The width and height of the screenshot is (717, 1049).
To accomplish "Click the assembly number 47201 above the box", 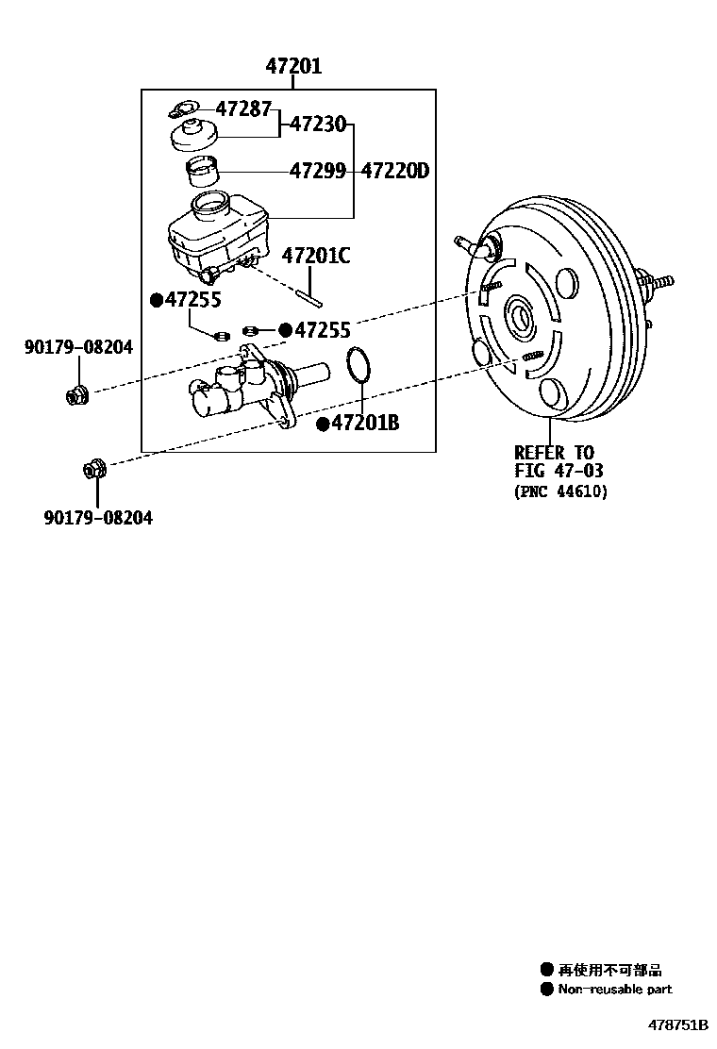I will coord(292,67).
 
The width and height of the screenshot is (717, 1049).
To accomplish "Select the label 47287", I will coord(243,108).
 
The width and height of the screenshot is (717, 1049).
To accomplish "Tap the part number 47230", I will coord(317,124).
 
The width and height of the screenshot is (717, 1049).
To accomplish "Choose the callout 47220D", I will coord(395,171).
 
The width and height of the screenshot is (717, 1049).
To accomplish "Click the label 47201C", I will coord(316,255).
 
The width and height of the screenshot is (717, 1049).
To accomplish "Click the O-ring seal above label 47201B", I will coord(358,367).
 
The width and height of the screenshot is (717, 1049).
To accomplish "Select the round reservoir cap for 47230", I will coord(194,134).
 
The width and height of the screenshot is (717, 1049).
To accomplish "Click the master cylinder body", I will coord(245,387).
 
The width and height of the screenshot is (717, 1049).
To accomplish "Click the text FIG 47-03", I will coord(559,471).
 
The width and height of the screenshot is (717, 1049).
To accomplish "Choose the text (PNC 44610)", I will coord(561,491).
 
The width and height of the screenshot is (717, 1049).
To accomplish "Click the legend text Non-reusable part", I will coord(614,990).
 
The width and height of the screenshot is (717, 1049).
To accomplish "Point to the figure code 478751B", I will coord(676,1024).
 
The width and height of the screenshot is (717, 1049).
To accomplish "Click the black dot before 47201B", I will coord(322,425).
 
